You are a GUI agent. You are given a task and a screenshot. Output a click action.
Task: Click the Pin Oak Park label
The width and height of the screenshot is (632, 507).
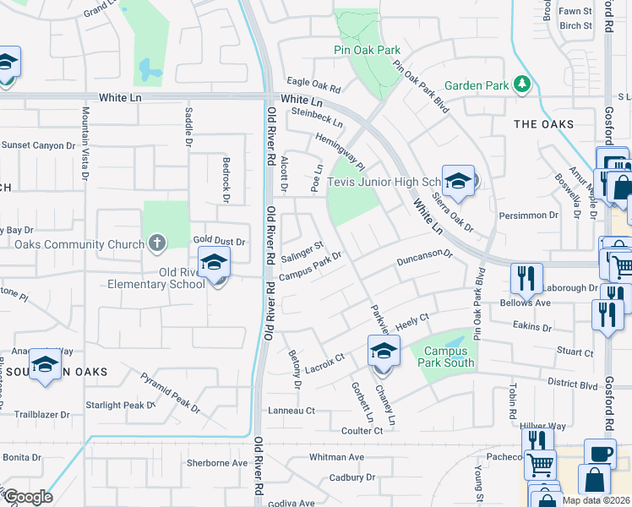(366, 51)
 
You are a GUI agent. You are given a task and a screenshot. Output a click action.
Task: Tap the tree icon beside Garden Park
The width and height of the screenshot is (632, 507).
(523, 84)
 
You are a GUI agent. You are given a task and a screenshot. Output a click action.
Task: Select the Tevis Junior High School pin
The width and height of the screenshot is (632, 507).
(458, 182)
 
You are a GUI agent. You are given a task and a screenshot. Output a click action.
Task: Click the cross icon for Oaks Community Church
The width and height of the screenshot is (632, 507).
(156, 244)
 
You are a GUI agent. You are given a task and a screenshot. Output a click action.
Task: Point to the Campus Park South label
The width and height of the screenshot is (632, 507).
(444, 357)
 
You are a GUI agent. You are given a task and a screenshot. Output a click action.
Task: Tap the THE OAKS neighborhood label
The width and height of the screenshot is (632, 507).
(543, 124)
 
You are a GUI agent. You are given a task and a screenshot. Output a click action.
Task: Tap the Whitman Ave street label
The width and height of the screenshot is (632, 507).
(336, 457)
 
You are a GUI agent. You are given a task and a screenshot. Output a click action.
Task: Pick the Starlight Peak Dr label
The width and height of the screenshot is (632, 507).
(121, 406)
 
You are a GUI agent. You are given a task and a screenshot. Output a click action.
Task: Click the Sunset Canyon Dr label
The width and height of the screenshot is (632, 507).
(38, 145)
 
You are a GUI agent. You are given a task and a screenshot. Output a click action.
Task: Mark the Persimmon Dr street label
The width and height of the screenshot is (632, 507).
(530, 215)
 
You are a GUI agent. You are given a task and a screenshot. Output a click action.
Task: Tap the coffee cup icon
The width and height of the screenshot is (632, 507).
(600, 453)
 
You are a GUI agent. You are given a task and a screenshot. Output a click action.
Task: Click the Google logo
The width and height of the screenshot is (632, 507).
(28, 497)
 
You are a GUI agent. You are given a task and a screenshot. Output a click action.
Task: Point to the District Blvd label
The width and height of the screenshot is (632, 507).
(572, 381)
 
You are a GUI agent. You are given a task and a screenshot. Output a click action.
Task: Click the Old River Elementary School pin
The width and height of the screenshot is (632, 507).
(215, 262)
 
